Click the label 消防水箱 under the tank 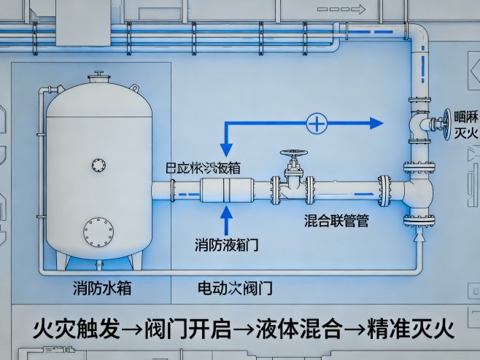102,287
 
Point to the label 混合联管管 336,220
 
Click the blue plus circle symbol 316,124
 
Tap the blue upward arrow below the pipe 226,218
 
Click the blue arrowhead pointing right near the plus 375,124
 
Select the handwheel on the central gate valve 293,156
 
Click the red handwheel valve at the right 444,122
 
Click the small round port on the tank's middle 98,165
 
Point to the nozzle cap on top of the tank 97,76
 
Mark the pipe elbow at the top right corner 418,36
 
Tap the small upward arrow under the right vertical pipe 419,238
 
